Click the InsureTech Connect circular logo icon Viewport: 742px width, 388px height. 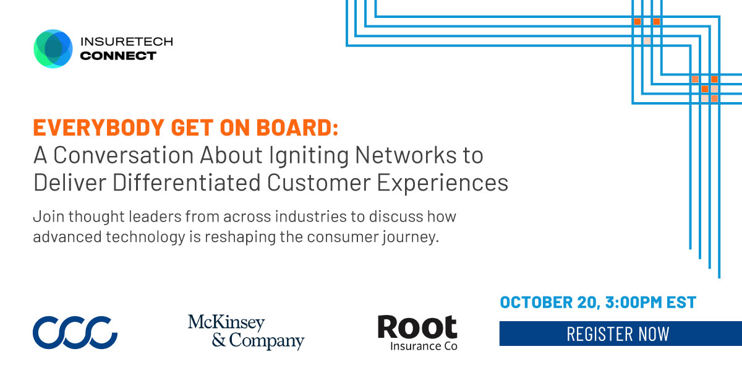point(53,49)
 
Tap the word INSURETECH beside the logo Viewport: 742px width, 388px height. point(127,41)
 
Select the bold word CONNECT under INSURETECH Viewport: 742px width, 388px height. point(118,56)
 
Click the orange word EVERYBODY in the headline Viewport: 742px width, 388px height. point(99,127)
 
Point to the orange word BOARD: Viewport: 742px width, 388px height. point(297,127)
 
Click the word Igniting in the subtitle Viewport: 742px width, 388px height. point(309,155)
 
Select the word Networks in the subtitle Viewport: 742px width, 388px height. point(406,155)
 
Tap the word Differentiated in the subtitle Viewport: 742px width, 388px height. point(187,183)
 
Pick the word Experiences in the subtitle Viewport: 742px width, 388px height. point(443,183)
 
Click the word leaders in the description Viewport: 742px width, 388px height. point(155,217)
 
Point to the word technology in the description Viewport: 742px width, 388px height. point(145,237)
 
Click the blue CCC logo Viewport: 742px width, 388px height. point(75,332)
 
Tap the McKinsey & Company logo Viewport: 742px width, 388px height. point(246,332)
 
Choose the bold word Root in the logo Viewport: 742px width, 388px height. point(417,327)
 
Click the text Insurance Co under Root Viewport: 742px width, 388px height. point(424,346)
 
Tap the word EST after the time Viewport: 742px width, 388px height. point(681,302)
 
